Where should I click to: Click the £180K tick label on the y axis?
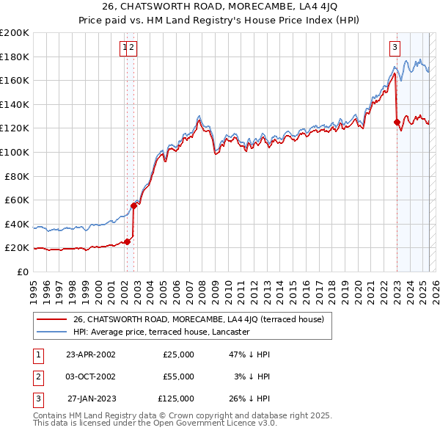[14, 57]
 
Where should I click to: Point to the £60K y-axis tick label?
[16, 200]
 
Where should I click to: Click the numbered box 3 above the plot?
[395, 48]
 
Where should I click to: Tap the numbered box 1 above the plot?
[125, 48]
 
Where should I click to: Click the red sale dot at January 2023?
[397, 123]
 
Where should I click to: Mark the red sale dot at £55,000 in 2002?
[134, 206]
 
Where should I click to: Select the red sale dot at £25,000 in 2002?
[128, 241]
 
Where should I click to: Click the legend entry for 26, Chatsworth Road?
[203, 319]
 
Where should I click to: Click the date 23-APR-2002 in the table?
[91, 354]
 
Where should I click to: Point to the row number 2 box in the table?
[36, 376]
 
